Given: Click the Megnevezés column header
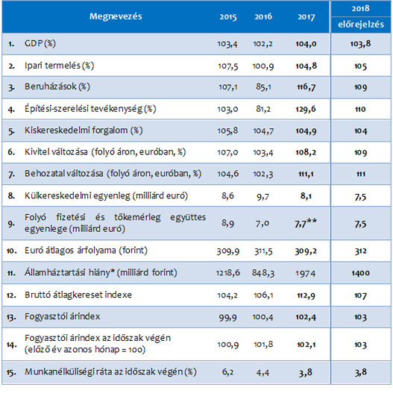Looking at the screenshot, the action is point(116,16).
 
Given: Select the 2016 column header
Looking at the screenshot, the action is point(263,17).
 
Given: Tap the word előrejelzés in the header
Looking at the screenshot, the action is point(361,25).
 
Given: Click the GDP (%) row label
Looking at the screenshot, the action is point(40,43).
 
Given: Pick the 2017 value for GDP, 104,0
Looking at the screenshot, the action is point(306,44).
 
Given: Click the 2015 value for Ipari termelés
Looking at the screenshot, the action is point(228,66).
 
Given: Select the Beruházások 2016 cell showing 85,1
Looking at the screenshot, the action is point(263,87).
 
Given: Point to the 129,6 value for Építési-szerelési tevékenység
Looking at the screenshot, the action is point(306,109).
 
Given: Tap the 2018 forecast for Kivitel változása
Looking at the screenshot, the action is point(360,152).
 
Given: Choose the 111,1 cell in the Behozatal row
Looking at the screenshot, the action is point(306,174).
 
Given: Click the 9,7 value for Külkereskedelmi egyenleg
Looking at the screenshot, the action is point(262,196).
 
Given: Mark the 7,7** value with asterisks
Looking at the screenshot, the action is point(306,223).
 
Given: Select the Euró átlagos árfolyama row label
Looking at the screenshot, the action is point(86,251).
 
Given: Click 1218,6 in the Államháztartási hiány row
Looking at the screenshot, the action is point(228,273).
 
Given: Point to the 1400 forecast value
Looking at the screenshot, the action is point(360,273).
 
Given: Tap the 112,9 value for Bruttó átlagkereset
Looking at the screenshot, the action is point(306,295).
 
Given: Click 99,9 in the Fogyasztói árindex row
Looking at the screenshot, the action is point(228,318).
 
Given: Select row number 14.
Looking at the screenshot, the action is point(12,345).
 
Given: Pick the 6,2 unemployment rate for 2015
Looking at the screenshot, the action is point(228,372).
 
